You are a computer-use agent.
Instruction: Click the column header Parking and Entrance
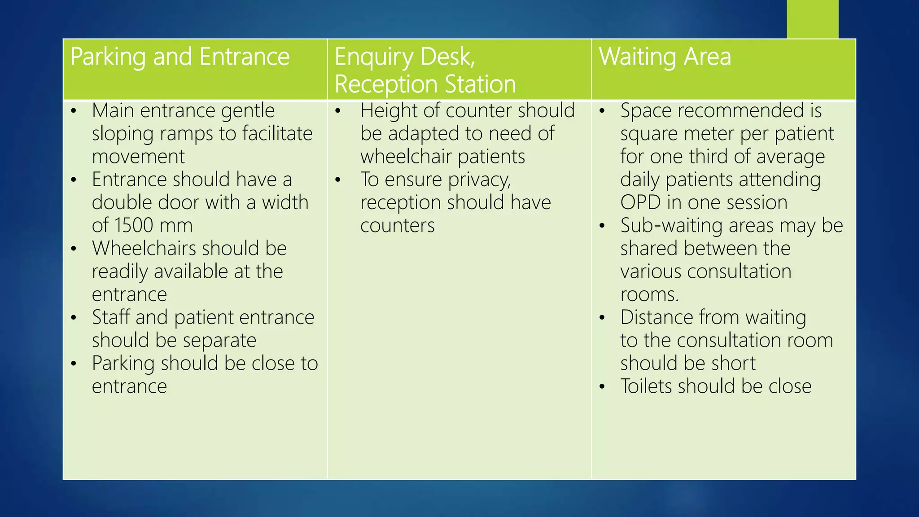coord(180,57)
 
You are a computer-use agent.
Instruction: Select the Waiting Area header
coord(665,57)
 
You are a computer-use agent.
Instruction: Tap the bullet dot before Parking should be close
coord(74,363)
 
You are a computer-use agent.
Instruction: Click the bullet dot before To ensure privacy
coord(338,180)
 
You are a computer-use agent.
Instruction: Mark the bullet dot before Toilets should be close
coord(602,386)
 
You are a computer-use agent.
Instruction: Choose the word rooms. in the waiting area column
coord(649,294)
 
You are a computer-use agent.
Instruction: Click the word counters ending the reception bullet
coord(397,226)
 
